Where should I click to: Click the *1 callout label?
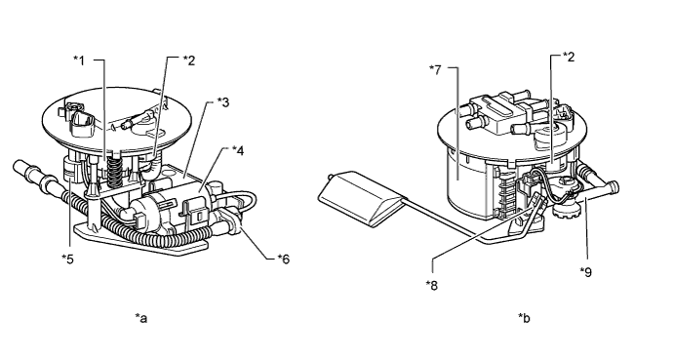click(x=79, y=60)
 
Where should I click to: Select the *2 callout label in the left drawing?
click(x=189, y=60)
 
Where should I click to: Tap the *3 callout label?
click(x=223, y=102)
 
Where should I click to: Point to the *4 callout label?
click(x=238, y=150)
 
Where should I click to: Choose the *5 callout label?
click(x=67, y=259)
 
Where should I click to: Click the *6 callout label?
click(x=284, y=259)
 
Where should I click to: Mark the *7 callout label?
click(x=435, y=69)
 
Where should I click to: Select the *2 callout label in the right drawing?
click(x=569, y=57)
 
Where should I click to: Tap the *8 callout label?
click(x=432, y=285)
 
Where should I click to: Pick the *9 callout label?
click(x=586, y=272)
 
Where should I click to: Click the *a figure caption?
click(x=141, y=318)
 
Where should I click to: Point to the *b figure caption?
click(x=524, y=318)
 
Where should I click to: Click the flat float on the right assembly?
click(x=362, y=197)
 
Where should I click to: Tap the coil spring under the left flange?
click(x=114, y=171)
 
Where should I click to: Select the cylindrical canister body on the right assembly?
click(x=468, y=182)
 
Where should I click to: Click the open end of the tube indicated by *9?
click(x=615, y=186)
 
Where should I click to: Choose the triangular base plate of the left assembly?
click(x=141, y=240)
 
